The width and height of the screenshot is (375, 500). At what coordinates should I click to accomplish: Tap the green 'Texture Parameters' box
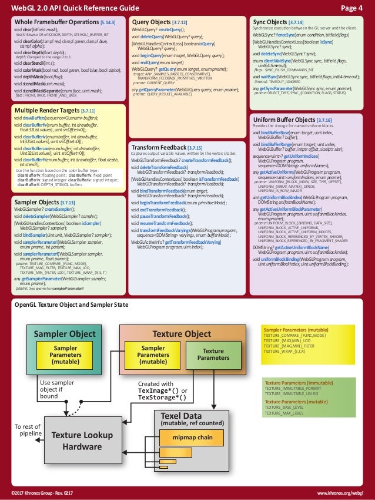204,353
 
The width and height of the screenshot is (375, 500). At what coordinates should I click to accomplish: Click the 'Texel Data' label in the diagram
175,416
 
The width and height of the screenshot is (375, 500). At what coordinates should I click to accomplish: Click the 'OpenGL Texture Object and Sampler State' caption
71,306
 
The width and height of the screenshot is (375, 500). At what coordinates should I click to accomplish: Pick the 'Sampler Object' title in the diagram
65,334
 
